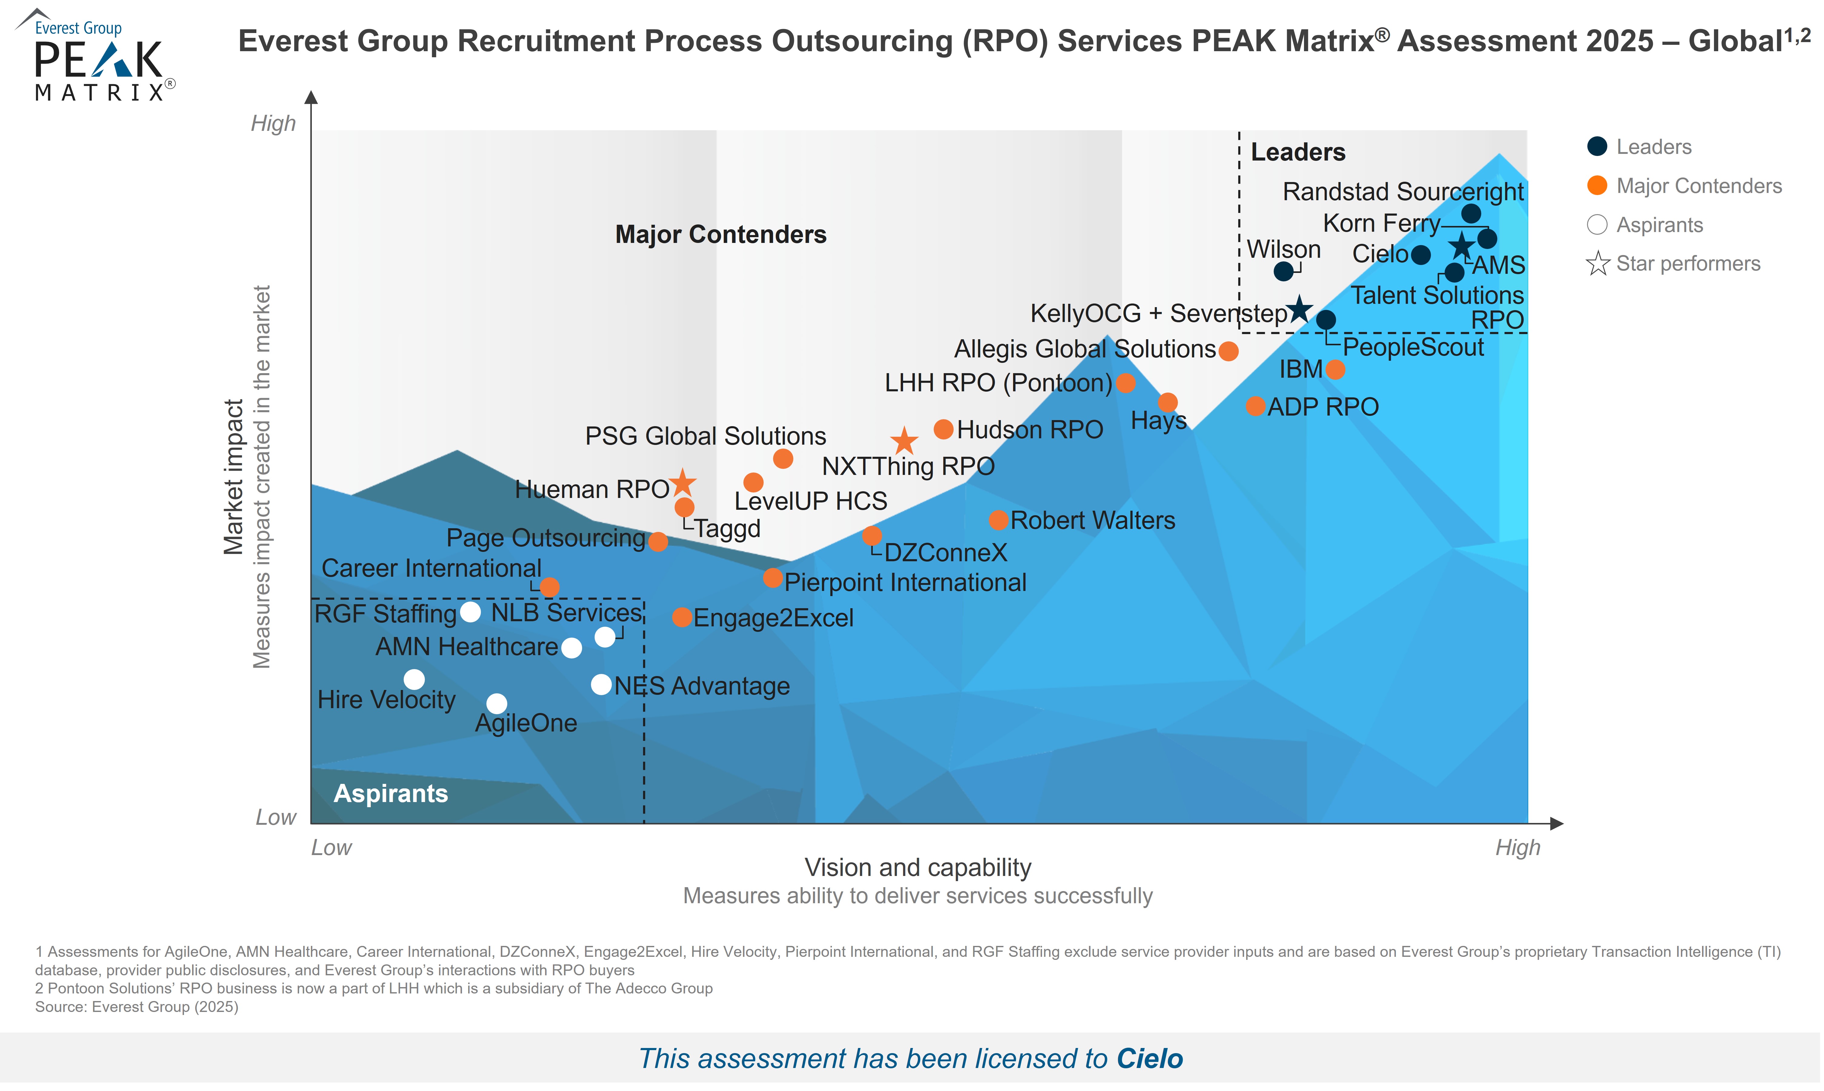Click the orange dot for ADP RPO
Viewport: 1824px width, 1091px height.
[1255, 406]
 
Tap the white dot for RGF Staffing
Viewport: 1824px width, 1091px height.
[470, 612]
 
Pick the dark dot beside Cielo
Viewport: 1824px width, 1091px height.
[1421, 254]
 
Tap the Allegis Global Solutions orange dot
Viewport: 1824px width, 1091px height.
[1228, 351]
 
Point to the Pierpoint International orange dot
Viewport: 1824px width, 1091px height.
[772, 578]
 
